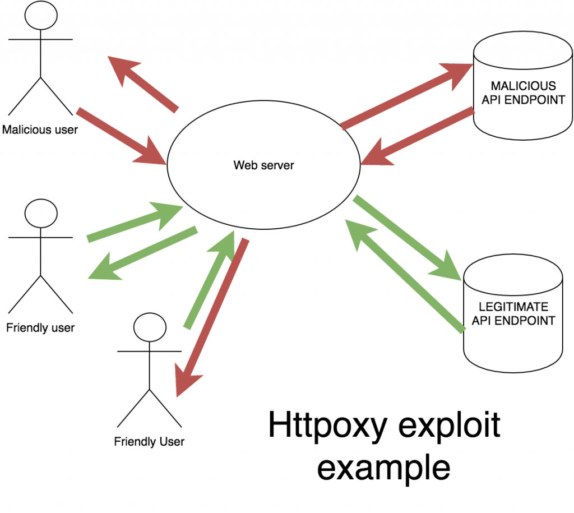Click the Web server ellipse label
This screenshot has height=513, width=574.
pos(263,165)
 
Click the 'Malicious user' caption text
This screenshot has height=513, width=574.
pos(40,130)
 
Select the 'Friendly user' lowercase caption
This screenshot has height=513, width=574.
pos(40,327)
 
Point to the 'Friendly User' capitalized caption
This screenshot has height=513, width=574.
pos(149,441)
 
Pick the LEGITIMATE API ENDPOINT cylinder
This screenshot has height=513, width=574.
pos(513,314)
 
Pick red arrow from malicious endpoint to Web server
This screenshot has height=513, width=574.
pos(418,137)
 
